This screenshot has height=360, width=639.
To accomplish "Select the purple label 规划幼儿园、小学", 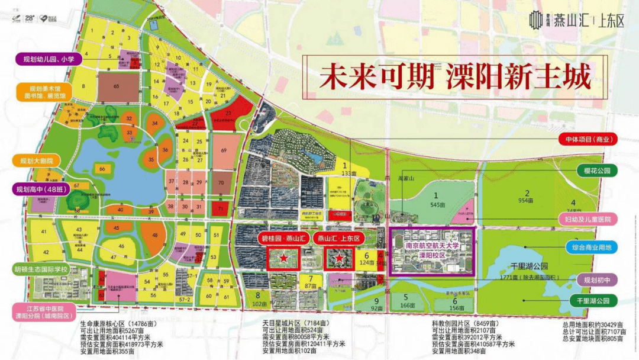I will coord(44,59).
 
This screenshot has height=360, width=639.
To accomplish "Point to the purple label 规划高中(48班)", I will coord(41,189).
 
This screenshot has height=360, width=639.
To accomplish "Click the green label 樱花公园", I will coord(597,171).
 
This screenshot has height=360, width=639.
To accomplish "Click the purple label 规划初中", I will coord(597,280).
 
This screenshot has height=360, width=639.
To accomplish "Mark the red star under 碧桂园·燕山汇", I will coord(284,258).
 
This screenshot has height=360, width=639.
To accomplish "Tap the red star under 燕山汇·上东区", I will coord(338,258).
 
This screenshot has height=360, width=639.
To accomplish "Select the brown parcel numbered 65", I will coord(117,87).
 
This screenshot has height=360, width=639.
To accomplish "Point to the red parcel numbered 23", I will coord(228,112).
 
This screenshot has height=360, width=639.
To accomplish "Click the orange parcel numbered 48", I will coord(156,235).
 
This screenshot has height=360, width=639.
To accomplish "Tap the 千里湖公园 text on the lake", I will coord(519,268).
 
